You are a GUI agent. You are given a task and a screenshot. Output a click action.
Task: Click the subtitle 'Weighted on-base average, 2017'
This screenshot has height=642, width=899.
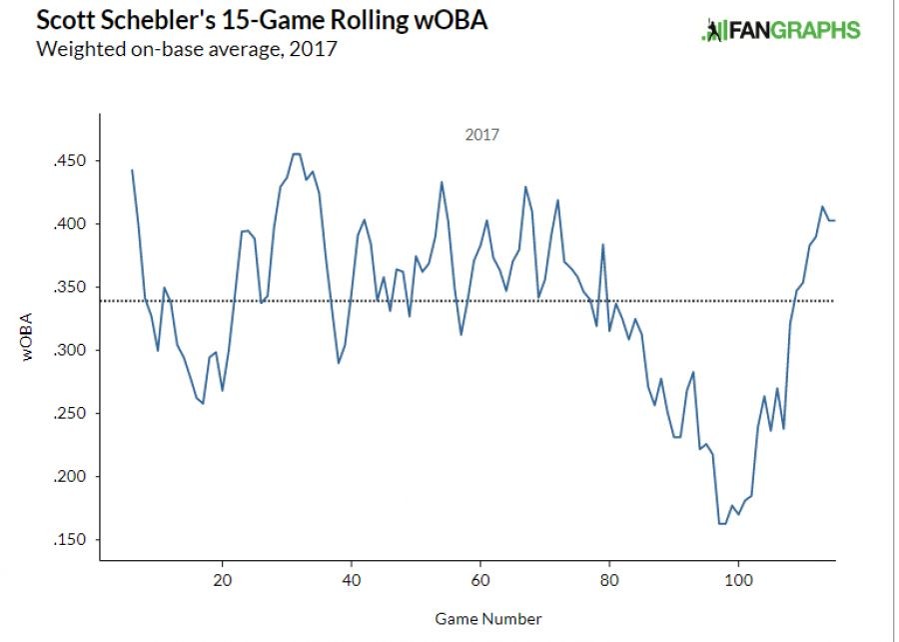(185, 49)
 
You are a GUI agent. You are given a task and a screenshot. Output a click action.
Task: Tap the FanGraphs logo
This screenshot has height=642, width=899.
(780, 30)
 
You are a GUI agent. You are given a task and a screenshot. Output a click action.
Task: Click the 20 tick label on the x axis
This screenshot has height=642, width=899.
(223, 580)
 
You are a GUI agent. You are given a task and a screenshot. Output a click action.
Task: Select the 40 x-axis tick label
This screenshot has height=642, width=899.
(352, 580)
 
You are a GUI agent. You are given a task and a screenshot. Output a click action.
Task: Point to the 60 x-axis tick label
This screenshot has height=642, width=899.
(480, 580)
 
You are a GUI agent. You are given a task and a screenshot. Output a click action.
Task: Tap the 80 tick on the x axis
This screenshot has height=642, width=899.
(609, 580)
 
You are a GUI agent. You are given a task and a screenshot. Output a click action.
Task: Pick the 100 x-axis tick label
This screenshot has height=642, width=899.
(738, 580)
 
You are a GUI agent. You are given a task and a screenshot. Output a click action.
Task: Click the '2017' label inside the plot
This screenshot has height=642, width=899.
(482, 134)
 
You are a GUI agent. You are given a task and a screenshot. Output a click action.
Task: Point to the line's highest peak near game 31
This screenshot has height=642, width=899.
(296, 154)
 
